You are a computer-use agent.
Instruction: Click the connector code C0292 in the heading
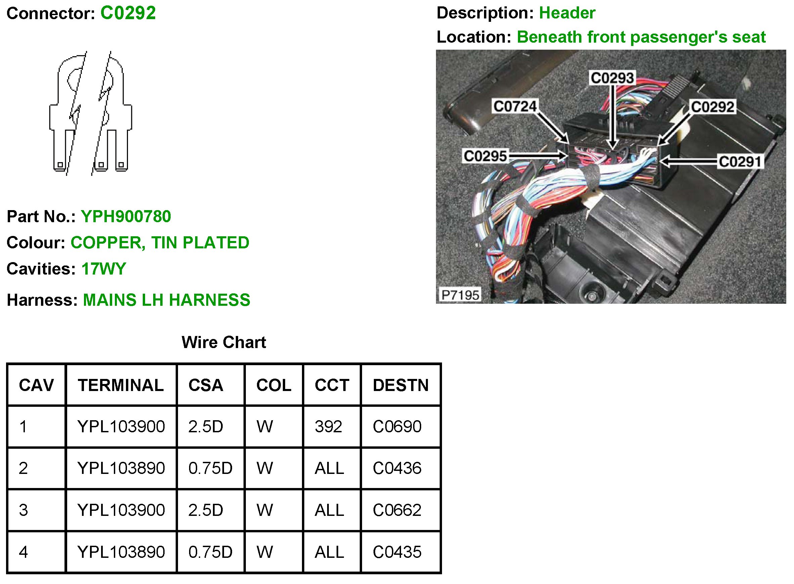click(128, 13)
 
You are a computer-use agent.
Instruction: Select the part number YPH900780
click(126, 216)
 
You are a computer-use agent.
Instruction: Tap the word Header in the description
click(567, 13)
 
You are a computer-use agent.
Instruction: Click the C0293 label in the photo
click(612, 78)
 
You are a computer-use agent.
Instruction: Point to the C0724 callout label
click(515, 106)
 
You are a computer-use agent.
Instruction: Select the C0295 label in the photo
click(485, 156)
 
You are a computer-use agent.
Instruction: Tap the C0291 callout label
click(740, 161)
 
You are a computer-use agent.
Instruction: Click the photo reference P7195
click(460, 295)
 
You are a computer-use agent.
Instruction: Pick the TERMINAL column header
click(121, 385)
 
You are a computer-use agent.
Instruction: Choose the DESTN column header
click(400, 385)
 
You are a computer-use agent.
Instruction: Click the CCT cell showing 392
click(328, 427)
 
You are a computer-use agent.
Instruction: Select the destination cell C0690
click(397, 427)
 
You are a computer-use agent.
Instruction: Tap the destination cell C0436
click(397, 469)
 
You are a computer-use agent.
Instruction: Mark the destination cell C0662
click(397, 510)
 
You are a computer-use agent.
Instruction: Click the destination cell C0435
click(397, 552)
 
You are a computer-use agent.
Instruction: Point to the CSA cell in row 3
click(206, 510)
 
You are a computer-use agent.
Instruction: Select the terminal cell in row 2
click(121, 469)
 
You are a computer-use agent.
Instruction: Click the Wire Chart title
click(224, 342)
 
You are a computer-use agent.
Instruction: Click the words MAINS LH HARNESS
click(166, 300)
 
